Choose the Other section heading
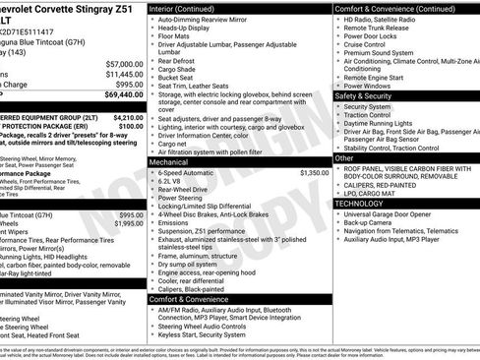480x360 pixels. pyautogui.click(x=344, y=157)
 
